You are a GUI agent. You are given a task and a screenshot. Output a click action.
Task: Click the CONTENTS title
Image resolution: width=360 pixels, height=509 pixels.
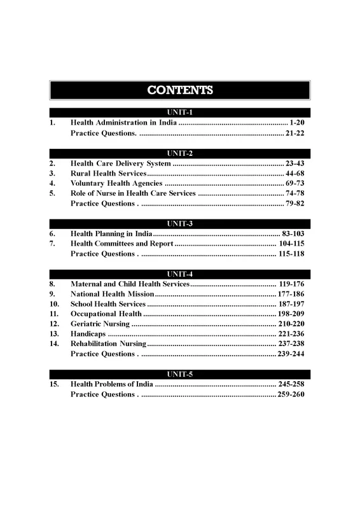click(x=180, y=90)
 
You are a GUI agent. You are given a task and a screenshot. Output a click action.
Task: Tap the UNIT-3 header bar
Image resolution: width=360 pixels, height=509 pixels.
click(x=180, y=223)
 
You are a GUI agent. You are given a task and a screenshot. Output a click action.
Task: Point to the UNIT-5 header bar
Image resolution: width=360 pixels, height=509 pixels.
click(x=180, y=374)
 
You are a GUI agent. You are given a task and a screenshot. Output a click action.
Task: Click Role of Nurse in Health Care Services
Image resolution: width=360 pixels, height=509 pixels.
click(x=134, y=193)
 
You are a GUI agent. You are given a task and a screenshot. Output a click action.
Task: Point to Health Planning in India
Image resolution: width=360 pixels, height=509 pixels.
click(x=110, y=234)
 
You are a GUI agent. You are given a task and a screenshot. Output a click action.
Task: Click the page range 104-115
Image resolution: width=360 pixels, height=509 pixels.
click(x=292, y=244)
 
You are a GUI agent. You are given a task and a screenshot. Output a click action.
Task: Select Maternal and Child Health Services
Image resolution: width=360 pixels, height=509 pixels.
click(x=130, y=282)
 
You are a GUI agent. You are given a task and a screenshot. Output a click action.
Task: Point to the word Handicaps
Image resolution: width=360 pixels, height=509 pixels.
click(x=88, y=334)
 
